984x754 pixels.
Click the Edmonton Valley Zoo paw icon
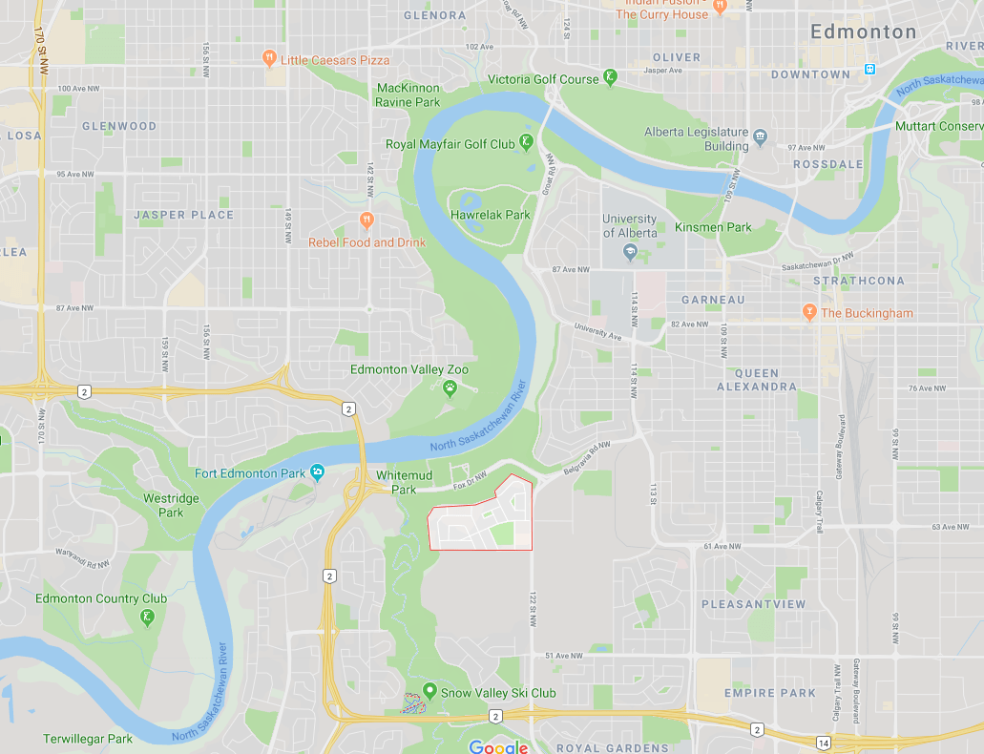[449, 387]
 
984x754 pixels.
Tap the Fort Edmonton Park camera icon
[317, 473]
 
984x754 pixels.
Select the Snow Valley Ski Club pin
[429, 692]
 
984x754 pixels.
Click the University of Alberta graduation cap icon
[630, 252]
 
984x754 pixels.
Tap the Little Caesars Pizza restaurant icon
[270, 59]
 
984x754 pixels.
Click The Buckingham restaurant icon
[809, 312]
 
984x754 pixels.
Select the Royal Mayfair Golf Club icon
[526, 144]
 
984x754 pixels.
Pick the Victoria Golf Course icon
[610, 78]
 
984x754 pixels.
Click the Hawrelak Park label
[490, 215]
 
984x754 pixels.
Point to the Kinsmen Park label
[713, 227]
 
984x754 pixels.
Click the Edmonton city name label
[863, 31]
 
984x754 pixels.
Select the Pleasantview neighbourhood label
[753, 604]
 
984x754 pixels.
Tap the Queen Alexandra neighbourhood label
[757, 380]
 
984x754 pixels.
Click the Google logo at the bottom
[498, 746]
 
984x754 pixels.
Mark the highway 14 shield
[823, 742]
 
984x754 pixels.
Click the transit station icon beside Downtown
[869, 69]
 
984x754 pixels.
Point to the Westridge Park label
[171, 505]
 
